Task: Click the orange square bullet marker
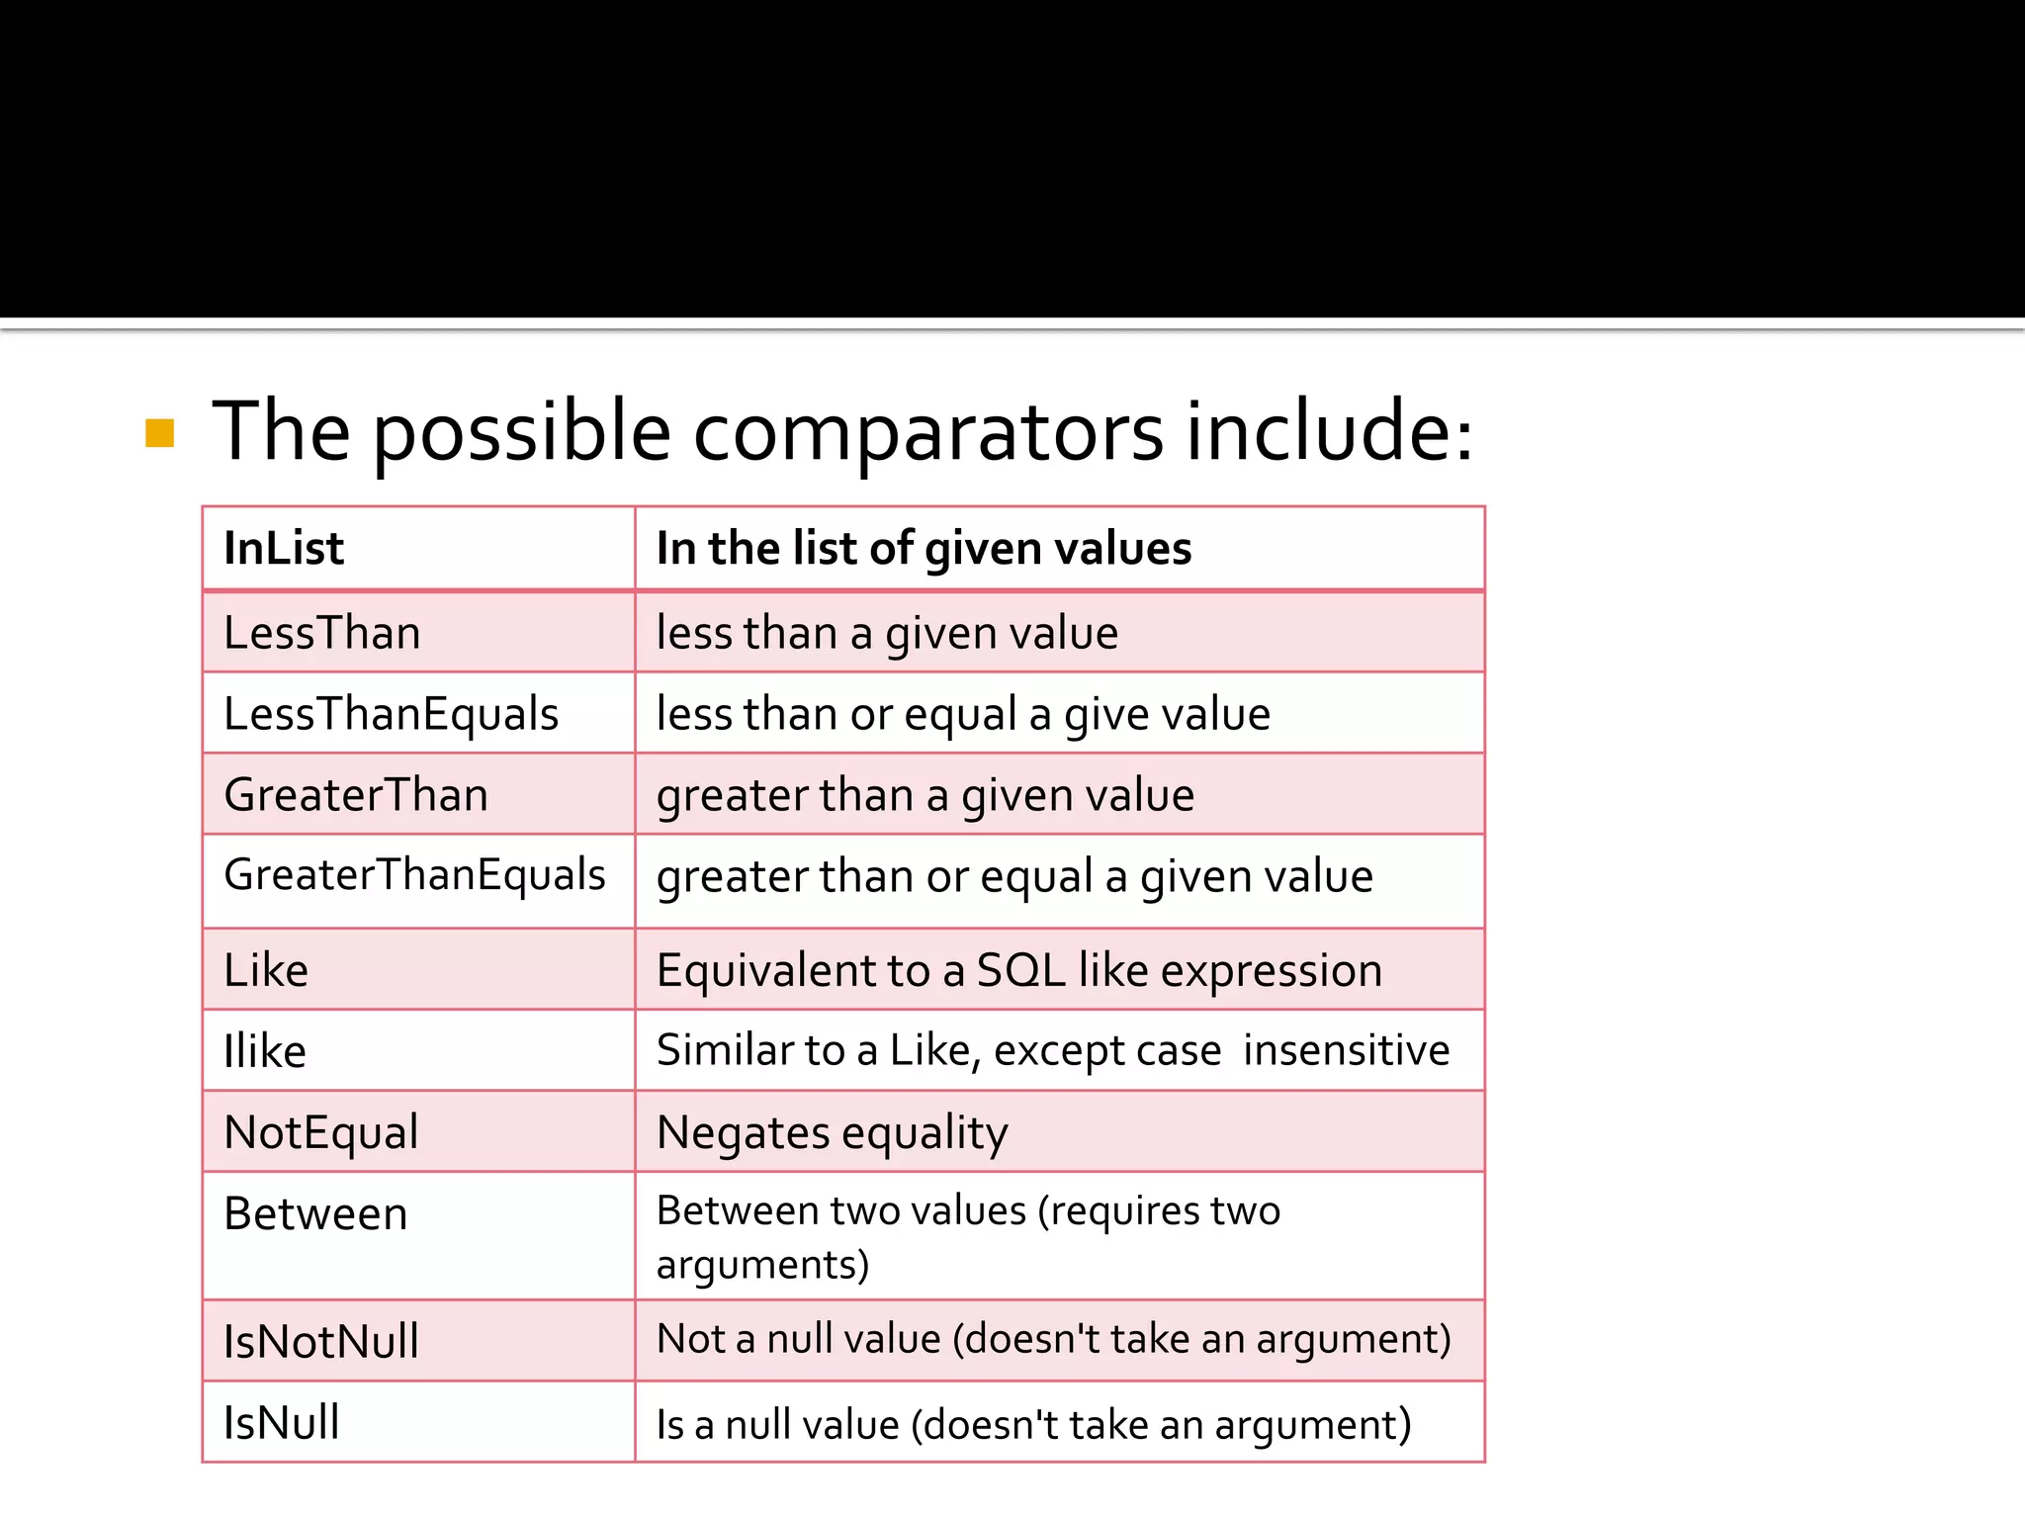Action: pos(159,433)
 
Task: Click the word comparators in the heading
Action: pos(927,433)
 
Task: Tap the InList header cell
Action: pos(284,548)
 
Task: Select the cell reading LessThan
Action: pos(322,633)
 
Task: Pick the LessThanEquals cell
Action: pos(391,714)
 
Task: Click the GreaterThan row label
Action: pos(356,795)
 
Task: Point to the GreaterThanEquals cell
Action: pos(414,875)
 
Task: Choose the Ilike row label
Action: pos(265,1050)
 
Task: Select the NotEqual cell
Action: pos(321,1132)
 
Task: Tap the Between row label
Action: pos(315,1213)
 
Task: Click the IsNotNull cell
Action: pos(321,1342)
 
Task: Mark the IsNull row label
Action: pos(282,1423)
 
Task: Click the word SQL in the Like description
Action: pos(1020,970)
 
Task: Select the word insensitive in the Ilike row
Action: pos(1346,1050)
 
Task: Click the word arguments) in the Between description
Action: pos(762,1265)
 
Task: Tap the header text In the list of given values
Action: pos(924,549)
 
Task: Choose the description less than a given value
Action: pos(887,633)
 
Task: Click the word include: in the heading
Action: pos(1329,433)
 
